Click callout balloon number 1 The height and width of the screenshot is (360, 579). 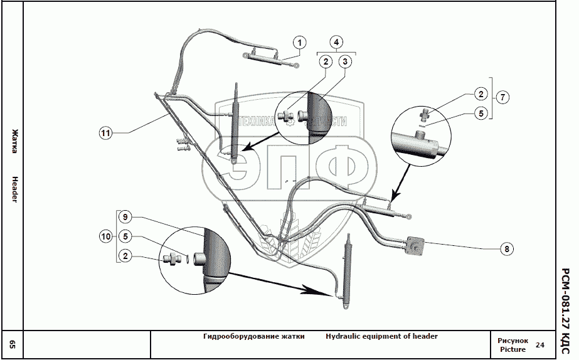pos(300,43)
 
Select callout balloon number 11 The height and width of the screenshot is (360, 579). pos(105,132)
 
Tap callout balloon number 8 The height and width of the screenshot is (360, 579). pos(507,249)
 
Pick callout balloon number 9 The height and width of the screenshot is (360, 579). pos(125,217)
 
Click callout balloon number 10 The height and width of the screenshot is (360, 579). pos(106,236)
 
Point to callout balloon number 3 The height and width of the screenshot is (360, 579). pos(345,61)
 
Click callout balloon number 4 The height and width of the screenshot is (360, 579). pos(336,42)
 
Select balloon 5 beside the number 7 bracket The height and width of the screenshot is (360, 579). pos(481,114)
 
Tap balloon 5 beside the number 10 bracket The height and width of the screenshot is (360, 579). pos(126,236)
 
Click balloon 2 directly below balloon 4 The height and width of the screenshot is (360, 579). pos(325,61)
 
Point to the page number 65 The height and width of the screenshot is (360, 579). pos(13,344)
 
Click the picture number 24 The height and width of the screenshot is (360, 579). pos(541,344)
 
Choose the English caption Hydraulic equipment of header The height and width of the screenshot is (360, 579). pos(381,336)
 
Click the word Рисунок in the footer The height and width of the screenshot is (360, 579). pos(513,341)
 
